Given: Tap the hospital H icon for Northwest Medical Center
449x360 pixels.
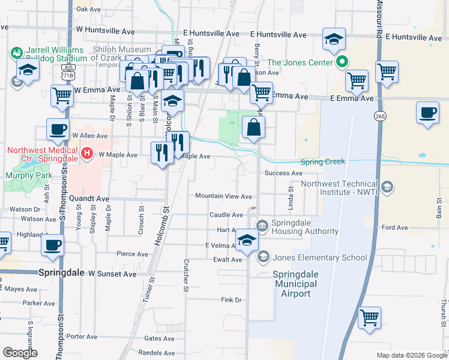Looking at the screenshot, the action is pos(88,154).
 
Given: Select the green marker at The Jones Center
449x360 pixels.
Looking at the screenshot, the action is pos(342,61).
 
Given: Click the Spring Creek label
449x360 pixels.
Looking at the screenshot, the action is pos(322,162).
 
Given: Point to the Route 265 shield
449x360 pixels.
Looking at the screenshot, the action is pos(379,115).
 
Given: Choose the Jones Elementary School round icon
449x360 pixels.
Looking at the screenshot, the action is pos(263,257).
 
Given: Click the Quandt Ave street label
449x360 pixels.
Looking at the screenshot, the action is pos(89,198).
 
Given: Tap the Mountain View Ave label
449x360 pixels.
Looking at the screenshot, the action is pos(223,196).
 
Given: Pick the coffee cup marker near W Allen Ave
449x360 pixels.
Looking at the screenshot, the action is pos(58,128).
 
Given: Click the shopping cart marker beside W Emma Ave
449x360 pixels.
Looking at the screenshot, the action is pos(62,95).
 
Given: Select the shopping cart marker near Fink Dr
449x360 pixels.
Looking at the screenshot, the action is pos(369,317).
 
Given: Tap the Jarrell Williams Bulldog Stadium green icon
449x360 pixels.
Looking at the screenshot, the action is pos(16,53).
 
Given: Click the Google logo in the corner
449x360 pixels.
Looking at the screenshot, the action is pos(20,353).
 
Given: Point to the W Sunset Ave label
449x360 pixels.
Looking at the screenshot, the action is pos(112,273).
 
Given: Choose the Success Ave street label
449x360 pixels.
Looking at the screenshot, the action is pos(284,173).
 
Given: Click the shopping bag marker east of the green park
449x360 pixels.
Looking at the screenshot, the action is pos(253,126).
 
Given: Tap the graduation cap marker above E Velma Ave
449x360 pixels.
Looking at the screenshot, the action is pos(246,240).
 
